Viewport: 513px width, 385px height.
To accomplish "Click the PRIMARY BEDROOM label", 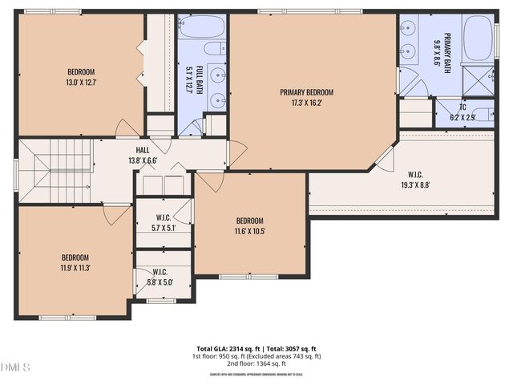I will point(306,92).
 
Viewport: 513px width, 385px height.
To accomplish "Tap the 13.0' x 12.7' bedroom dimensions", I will point(81,81).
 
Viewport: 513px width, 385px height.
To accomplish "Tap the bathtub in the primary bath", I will point(478,38).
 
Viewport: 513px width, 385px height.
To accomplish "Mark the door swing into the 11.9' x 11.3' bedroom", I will point(116,213).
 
